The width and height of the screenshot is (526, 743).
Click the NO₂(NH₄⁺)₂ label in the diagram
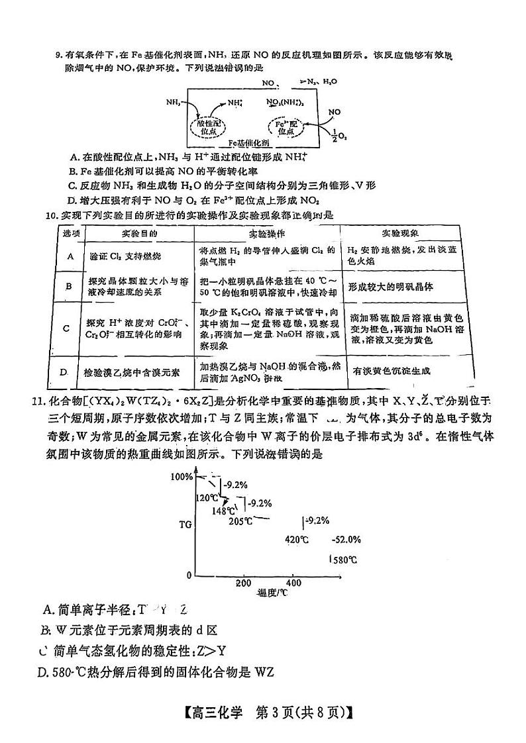(x=285, y=103)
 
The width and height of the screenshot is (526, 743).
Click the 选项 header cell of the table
(x=71, y=234)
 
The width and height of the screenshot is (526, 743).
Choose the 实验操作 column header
(x=267, y=234)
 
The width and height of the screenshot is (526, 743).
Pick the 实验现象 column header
(x=401, y=234)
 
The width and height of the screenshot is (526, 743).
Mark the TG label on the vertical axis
(x=185, y=524)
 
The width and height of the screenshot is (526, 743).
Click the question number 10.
(x=50, y=215)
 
